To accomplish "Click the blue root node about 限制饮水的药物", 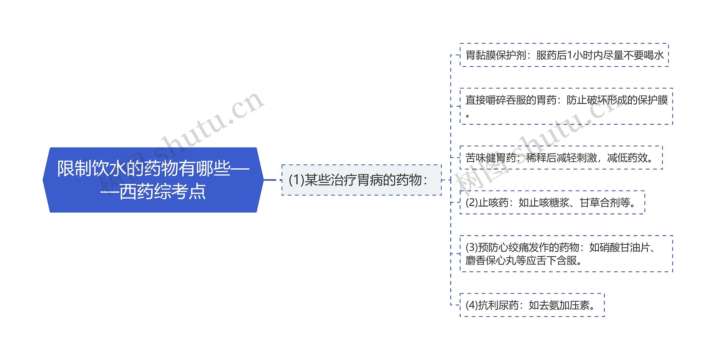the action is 153,180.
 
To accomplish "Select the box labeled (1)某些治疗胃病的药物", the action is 361,180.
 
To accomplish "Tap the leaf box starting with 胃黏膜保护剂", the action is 564,55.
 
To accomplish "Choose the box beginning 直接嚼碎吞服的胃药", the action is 566,106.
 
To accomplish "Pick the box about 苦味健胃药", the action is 561,158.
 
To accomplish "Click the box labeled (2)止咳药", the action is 552,203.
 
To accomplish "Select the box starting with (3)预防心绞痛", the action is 566,254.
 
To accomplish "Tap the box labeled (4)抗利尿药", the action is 532,305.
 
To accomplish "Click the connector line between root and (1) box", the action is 270,180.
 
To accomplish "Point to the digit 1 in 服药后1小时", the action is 570,55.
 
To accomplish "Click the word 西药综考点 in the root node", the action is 162,192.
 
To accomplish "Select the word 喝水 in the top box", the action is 654,55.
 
